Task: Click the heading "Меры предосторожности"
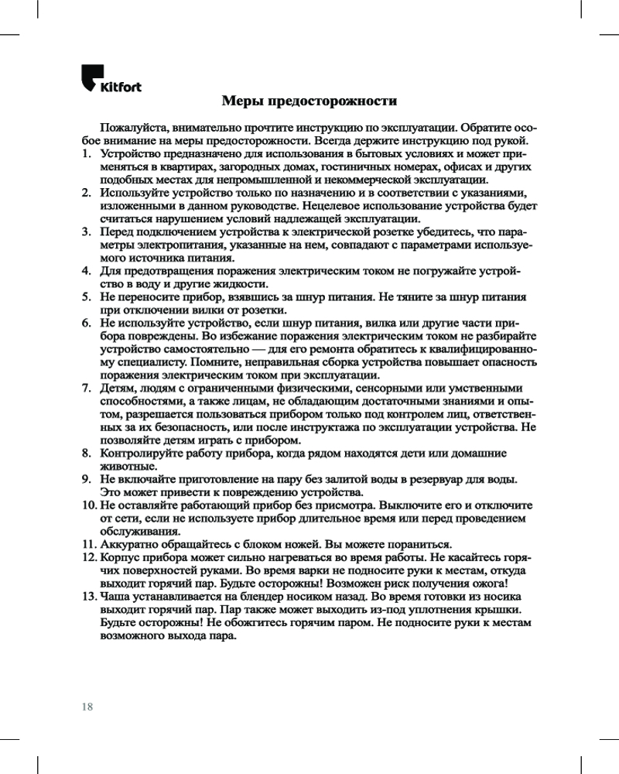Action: pyautogui.click(x=309, y=101)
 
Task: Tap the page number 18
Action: pyautogui.click(x=87, y=706)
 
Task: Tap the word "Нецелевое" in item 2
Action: pyautogui.click(x=313, y=207)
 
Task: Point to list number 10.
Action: pyautogui.click(x=89, y=505)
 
